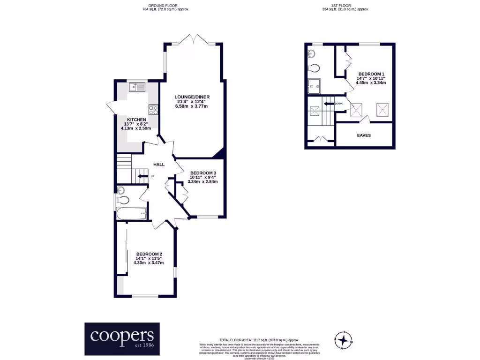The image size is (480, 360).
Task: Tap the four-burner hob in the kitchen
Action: tap(153, 110)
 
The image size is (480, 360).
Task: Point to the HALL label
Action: tap(159, 165)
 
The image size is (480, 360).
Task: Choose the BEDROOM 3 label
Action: tap(203, 173)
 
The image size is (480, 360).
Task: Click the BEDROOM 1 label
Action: tap(371, 74)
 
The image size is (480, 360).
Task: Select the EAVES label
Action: tap(364, 135)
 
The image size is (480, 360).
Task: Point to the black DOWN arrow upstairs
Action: tap(328, 103)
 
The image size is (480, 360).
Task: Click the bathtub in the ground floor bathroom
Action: tap(132, 214)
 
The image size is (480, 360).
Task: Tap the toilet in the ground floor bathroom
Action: tap(124, 200)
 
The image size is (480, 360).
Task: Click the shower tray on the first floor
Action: tap(314, 87)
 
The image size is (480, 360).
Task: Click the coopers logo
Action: tap(122, 338)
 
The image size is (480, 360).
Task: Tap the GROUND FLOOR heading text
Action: tap(160, 6)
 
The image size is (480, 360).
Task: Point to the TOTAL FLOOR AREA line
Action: tap(259, 339)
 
